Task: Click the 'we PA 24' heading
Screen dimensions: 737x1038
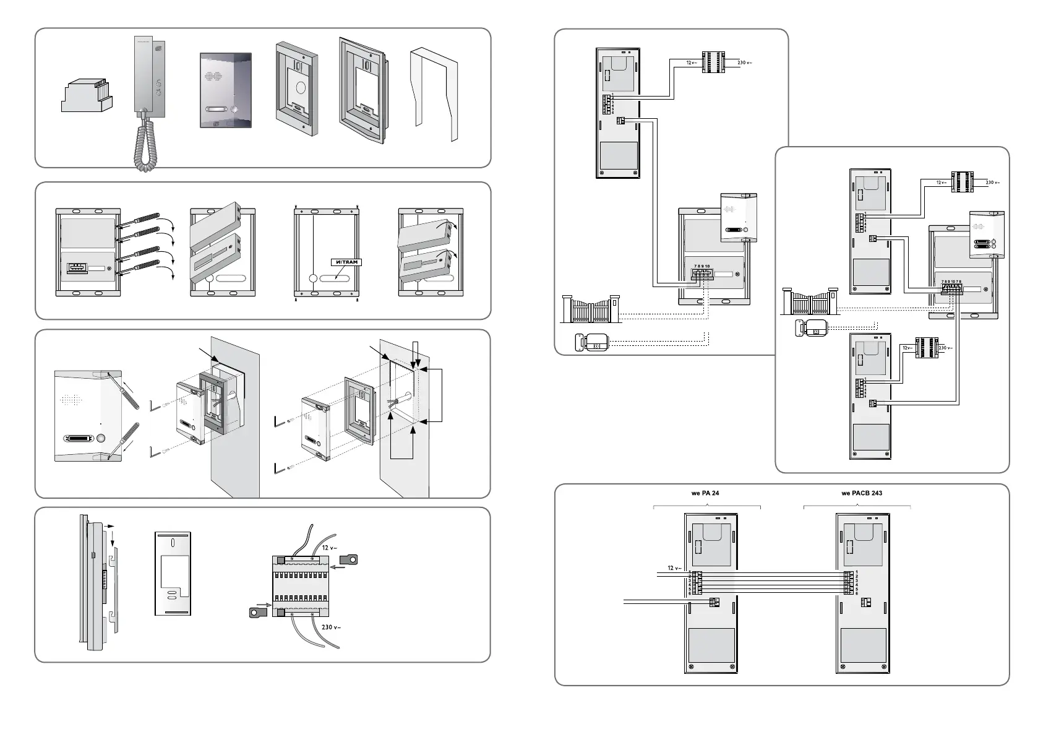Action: [x=705, y=494]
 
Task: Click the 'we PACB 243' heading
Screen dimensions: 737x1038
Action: [x=862, y=494]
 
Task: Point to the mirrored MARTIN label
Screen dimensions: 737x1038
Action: [x=345, y=262]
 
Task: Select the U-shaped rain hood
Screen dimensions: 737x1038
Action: [x=434, y=93]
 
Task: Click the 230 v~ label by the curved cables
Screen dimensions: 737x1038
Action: [x=331, y=627]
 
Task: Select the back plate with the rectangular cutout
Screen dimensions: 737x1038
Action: [x=173, y=574]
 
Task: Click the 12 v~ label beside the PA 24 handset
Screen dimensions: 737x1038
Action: [x=674, y=568]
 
